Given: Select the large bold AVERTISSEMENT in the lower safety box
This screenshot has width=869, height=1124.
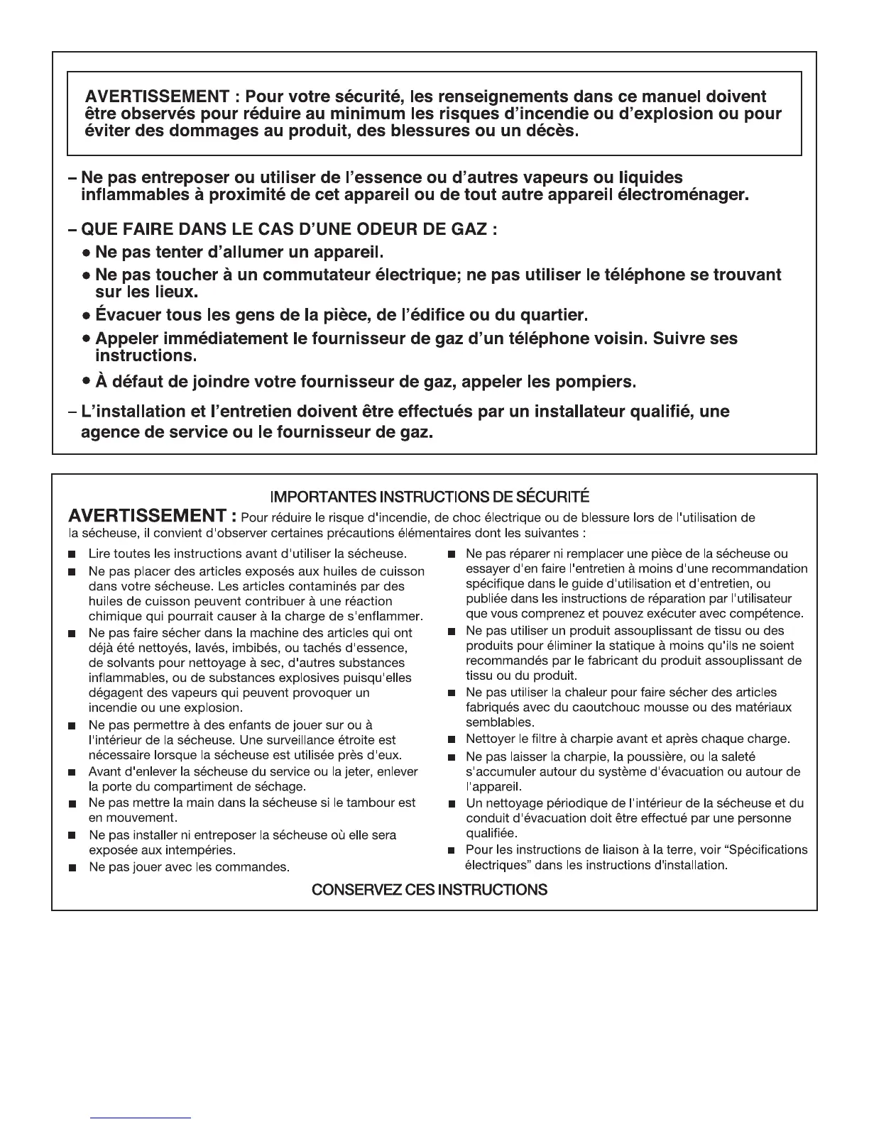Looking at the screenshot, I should tap(148, 515).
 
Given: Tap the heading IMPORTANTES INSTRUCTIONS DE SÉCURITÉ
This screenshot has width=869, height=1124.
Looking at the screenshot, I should tap(434, 496).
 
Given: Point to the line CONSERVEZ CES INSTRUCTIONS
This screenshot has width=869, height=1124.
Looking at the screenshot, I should tap(430, 889).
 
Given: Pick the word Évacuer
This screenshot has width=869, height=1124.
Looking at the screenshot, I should tap(126, 314).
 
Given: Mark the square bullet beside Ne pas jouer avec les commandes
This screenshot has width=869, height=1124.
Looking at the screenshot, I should tap(72, 868).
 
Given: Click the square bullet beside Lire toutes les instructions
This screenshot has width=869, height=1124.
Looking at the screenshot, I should tap(72, 554).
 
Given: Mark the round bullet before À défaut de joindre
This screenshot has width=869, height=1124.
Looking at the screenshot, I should tap(85, 382).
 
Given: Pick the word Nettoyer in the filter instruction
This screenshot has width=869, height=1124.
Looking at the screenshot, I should tap(489, 739).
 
